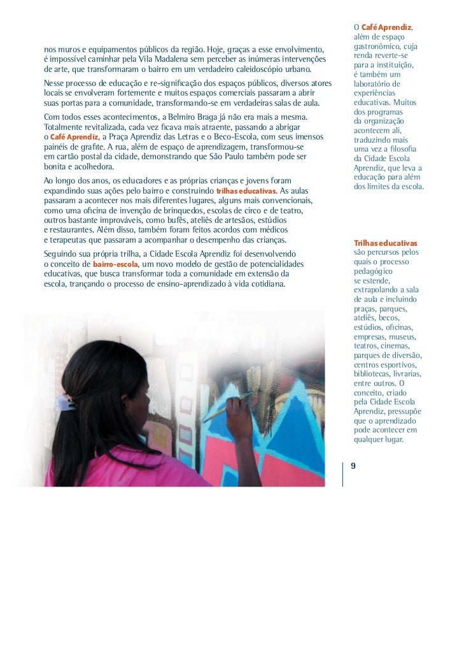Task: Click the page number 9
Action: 353,466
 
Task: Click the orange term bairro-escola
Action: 115,264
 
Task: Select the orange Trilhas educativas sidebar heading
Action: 385,243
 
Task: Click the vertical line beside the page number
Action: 343,471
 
